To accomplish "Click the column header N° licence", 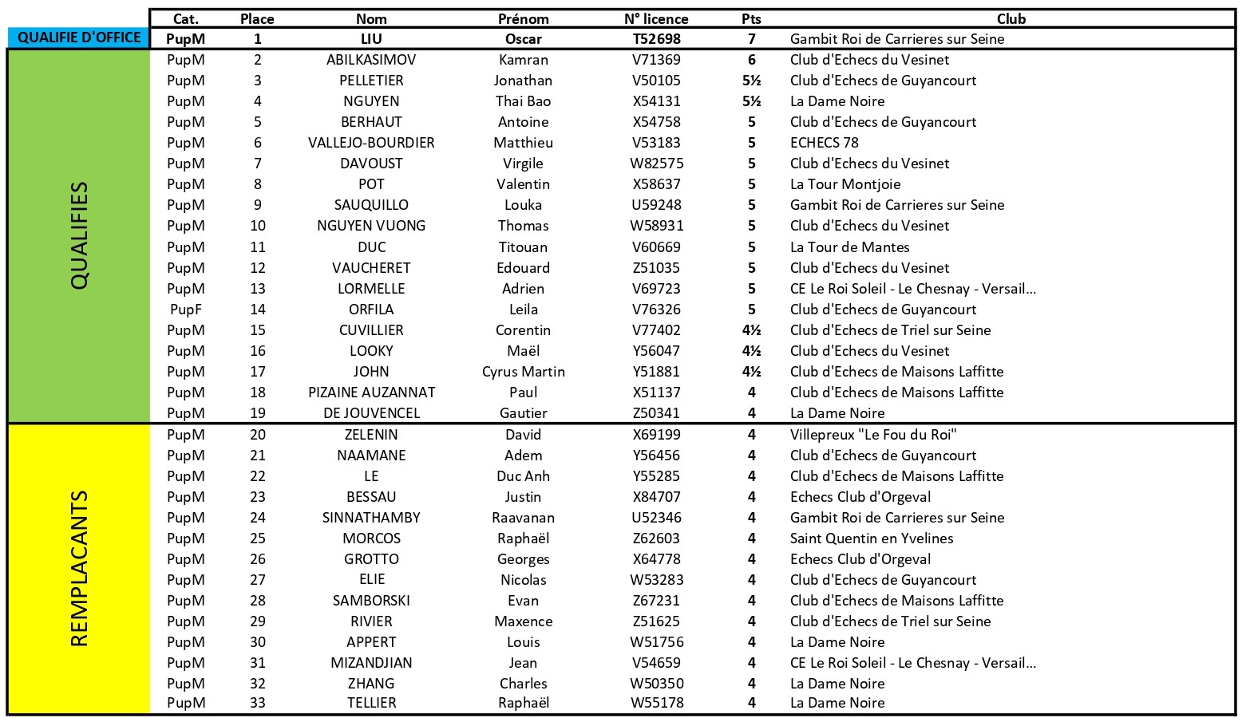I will coord(656,19).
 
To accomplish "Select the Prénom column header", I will coord(523,19).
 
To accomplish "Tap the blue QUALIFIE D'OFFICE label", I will coord(79,37).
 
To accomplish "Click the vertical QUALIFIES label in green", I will coord(79,236).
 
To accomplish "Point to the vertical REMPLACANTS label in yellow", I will coord(79,568).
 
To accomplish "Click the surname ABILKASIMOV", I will coord(371,60).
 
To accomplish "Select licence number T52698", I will coord(656,39).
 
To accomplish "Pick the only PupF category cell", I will coord(185,310).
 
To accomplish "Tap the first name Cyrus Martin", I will coord(523,372).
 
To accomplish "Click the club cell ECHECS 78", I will coord(825,143).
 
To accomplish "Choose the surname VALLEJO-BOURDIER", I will coord(371,143).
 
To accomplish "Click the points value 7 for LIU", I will coord(751,39).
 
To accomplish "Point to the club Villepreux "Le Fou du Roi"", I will coord(873,435).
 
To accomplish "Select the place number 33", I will coord(257,703).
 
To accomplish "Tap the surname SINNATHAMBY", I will coord(371,518).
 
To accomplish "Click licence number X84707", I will coord(656,497).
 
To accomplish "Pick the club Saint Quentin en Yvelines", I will coord(872,538).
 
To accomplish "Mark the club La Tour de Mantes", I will coord(849,247).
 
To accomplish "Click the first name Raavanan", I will coord(523,518).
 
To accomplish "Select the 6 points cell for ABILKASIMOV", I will coord(751,60).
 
